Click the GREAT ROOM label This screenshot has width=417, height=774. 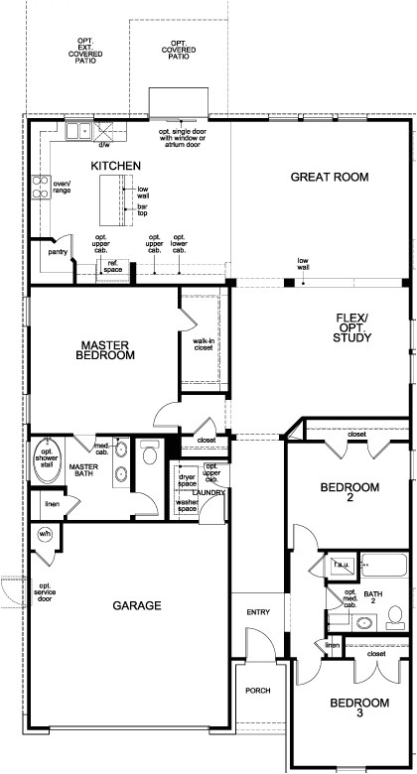(x=330, y=177)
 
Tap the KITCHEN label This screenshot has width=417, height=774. (x=115, y=166)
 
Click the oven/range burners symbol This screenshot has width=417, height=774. (x=42, y=188)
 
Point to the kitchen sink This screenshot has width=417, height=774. (x=78, y=131)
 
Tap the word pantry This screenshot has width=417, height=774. (x=58, y=252)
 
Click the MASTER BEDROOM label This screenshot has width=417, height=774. (x=105, y=349)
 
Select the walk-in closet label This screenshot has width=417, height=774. (x=203, y=344)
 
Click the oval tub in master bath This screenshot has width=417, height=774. (x=48, y=461)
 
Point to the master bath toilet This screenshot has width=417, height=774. (x=149, y=452)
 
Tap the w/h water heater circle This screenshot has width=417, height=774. (x=45, y=535)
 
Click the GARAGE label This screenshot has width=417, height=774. (x=137, y=605)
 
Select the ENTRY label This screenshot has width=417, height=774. (x=258, y=612)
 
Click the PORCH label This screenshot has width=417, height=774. (x=258, y=691)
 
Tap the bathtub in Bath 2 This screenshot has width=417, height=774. (x=384, y=566)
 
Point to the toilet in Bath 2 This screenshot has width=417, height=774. (x=395, y=617)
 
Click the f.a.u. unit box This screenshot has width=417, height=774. (x=342, y=565)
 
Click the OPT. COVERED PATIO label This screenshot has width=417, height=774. (x=179, y=50)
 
